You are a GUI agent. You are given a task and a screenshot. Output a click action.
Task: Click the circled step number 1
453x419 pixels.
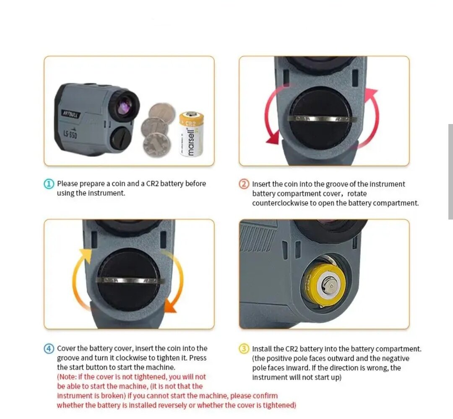click(49, 184)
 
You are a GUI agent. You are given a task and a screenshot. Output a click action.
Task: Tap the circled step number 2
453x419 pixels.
click(244, 184)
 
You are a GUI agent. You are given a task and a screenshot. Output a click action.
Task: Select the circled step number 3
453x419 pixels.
click(244, 349)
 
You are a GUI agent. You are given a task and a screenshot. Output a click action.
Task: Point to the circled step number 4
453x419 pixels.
click(49, 348)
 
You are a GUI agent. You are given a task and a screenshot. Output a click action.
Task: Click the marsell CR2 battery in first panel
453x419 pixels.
click(191, 134)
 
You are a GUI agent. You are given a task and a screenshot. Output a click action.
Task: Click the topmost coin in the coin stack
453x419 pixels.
click(161, 113)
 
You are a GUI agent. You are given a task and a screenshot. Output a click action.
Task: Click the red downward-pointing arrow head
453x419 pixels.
click(273, 138)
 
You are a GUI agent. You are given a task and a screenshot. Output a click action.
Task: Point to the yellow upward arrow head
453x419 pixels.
click(86, 255)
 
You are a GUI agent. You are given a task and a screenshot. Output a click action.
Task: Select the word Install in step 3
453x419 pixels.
click(262, 349)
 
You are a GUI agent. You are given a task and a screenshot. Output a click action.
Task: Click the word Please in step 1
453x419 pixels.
click(68, 184)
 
